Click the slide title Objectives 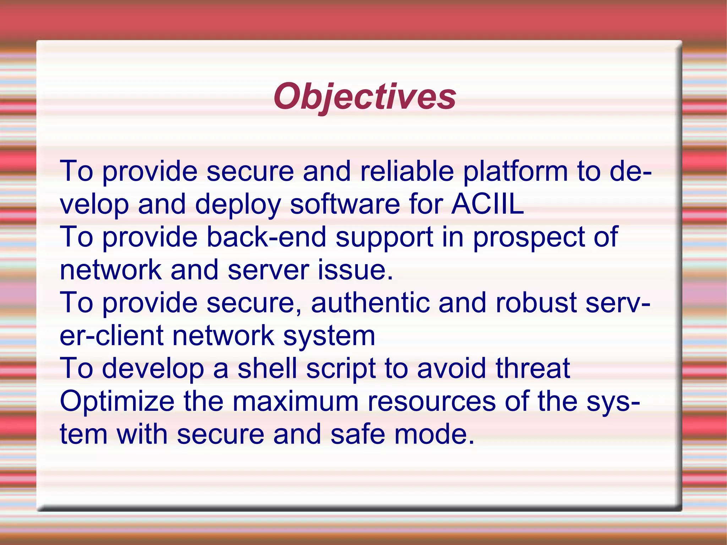pyautogui.click(x=365, y=97)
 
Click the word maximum pyautogui.click(x=295, y=401)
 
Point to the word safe pyautogui.click(x=357, y=434)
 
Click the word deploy pyautogui.click(x=238, y=205)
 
